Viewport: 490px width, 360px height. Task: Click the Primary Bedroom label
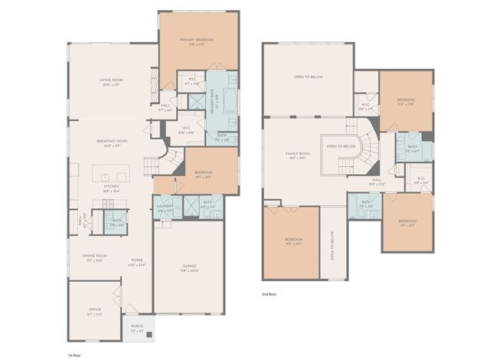pyautogui.click(x=196, y=41)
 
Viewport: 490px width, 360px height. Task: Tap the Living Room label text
pyautogui.click(x=112, y=81)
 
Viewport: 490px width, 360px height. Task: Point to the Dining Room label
pyautogui.click(x=95, y=257)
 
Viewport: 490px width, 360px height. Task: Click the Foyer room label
pyautogui.click(x=137, y=262)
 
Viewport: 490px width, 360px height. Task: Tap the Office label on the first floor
pyautogui.click(x=94, y=311)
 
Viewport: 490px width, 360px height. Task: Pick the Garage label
pyautogui.click(x=188, y=268)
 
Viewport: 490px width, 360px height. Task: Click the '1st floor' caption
pyautogui.click(x=76, y=355)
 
